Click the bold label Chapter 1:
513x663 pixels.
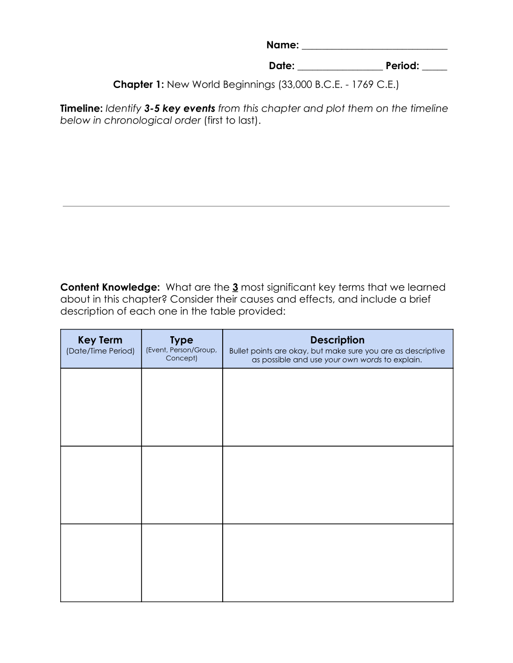pyautogui.click(x=139, y=84)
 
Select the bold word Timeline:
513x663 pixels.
pyautogui.click(x=81, y=108)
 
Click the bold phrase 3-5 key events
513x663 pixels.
pyautogui.click(x=179, y=108)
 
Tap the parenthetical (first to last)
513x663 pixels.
pyautogui.click(x=232, y=120)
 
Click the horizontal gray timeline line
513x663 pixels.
pyautogui.click(x=256, y=206)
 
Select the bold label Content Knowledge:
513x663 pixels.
pyautogui.click(x=110, y=287)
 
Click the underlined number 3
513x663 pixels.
pyautogui.click(x=235, y=287)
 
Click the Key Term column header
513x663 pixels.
pyautogui.click(x=100, y=340)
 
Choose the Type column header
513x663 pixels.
pyautogui.click(x=181, y=340)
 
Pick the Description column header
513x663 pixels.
pyautogui.click(x=337, y=340)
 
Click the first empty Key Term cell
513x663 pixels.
pyautogui.click(x=101, y=407)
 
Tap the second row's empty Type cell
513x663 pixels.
pyautogui.click(x=182, y=485)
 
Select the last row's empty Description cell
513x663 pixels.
pyautogui.click(x=337, y=562)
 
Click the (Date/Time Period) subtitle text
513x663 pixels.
pyautogui.click(x=100, y=351)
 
